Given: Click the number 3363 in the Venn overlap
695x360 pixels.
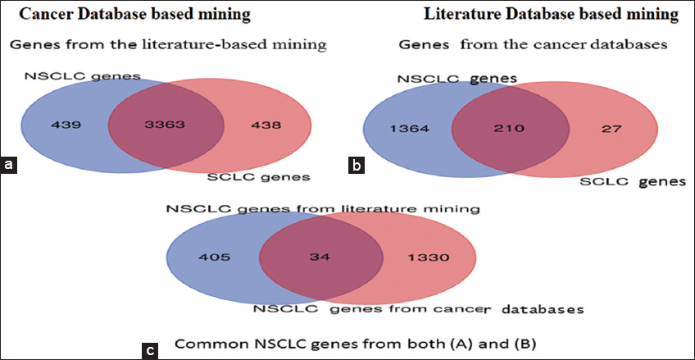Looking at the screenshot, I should point(166,127).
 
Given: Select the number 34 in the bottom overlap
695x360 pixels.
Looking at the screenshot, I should point(320,257).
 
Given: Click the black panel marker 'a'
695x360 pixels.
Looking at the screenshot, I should point(9,166).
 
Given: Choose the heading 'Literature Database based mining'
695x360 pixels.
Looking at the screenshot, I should point(551,15).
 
